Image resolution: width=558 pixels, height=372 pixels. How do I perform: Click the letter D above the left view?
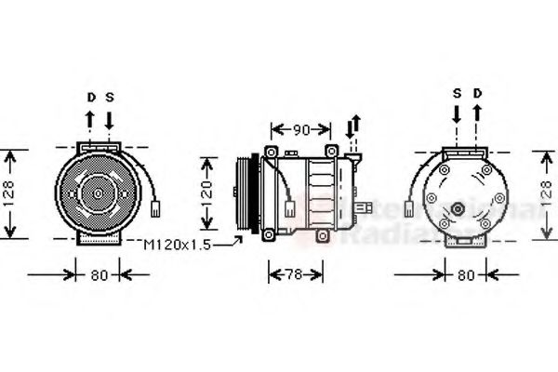(x=91, y=97)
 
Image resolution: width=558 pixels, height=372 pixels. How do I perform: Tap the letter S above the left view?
(x=109, y=97)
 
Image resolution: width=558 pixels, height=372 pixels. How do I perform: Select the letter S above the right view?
(x=457, y=93)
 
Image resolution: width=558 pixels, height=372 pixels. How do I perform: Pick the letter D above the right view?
(x=477, y=93)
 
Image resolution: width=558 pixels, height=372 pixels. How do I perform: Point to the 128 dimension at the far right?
(x=547, y=194)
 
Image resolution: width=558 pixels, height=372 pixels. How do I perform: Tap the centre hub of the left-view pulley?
(x=98, y=193)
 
